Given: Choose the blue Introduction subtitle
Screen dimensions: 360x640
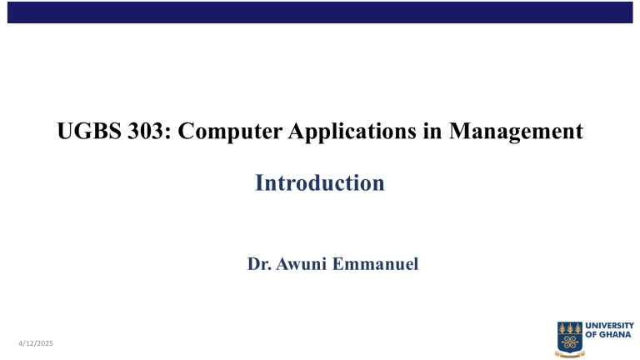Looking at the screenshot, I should (x=320, y=182).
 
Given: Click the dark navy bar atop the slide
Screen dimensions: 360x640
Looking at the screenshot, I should (x=320, y=12).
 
